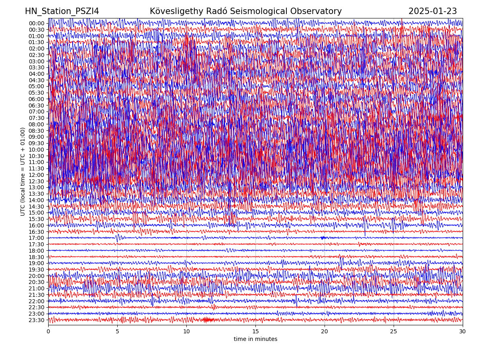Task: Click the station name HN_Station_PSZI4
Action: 62,11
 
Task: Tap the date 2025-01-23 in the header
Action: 433,11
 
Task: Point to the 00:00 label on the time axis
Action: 36,23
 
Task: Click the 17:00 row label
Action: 36,238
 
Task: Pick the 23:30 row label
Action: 36,320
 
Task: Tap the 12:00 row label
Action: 36,175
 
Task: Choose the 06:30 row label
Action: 36,105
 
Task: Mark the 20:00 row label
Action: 36,276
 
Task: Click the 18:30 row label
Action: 36,257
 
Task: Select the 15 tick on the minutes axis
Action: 255,332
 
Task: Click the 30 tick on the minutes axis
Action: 463,332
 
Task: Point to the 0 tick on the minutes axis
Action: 48,332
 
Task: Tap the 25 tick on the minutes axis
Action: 394,332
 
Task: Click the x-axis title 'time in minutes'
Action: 255,339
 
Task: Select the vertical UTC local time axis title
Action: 23,171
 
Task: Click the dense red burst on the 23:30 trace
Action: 207,320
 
